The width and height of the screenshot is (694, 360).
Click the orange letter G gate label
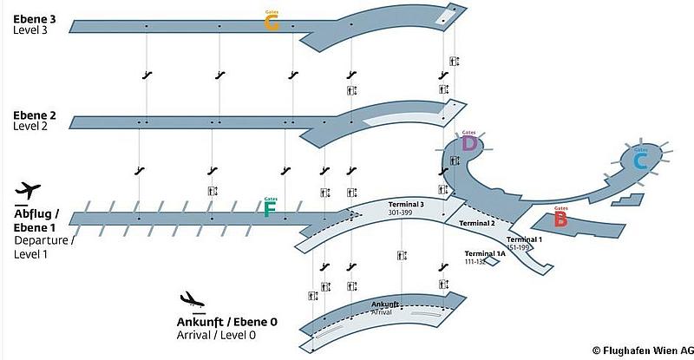point(272,24)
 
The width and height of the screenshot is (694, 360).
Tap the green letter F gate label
point(270,208)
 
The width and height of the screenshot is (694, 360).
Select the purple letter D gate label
point(469,143)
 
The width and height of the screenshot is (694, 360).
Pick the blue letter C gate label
point(640,160)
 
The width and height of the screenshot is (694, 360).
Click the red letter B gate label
point(560,219)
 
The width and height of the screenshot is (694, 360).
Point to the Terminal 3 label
point(406,205)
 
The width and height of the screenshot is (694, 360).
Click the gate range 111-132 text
point(476,261)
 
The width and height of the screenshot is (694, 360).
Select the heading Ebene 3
point(34,17)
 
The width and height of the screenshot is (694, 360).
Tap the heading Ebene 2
point(34,115)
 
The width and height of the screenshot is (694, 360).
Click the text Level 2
point(32,126)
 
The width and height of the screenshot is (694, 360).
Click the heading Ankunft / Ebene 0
point(227,323)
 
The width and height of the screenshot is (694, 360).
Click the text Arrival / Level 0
point(216,335)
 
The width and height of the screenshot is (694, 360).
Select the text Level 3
point(32,29)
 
